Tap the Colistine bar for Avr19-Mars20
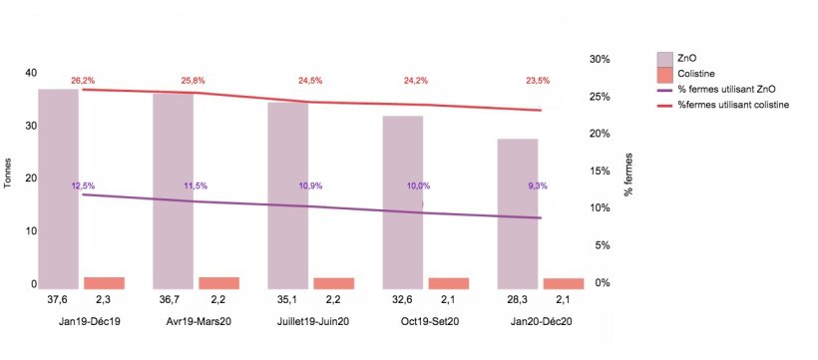pyautogui.click(x=218, y=282)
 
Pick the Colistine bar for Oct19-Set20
pyautogui.click(x=448, y=283)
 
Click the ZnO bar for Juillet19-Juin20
pyautogui.click(x=288, y=194)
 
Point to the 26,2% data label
pyautogui.click(x=83, y=80)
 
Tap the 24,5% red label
pyautogui.click(x=311, y=81)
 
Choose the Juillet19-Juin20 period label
pyautogui.click(x=312, y=321)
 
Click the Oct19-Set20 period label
pyautogui.click(x=430, y=321)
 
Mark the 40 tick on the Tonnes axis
pyautogui.click(x=30, y=73)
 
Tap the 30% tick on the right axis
pyautogui.click(x=599, y=59)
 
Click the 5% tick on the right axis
pyautogui.click(x=602, y=245)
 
